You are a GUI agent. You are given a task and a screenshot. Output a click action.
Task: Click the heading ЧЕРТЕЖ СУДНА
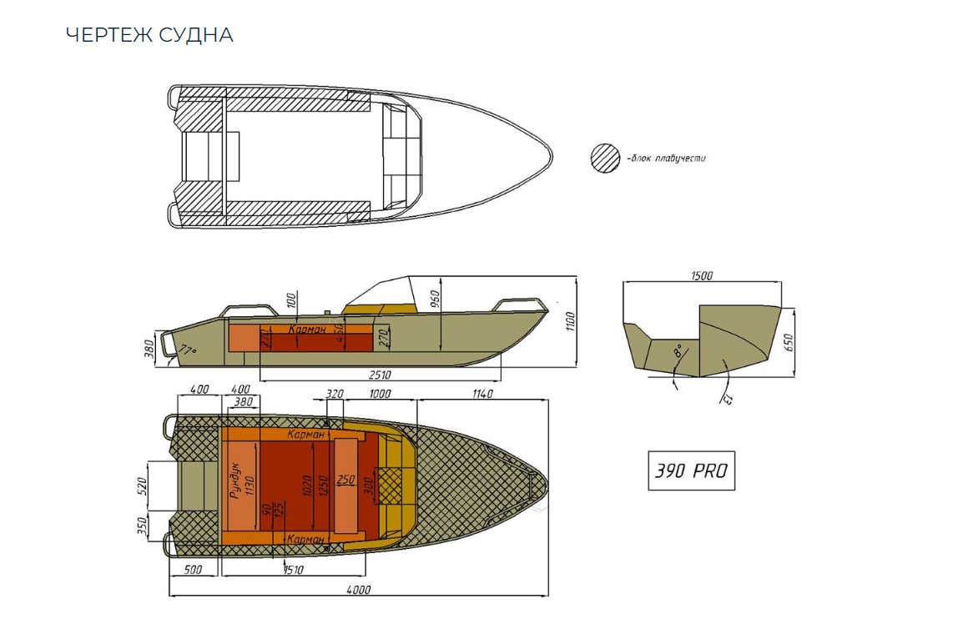pos(149,35)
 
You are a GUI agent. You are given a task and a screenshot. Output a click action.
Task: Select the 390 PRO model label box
pos(691,471)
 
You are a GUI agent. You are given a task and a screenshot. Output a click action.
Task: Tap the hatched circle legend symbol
pos(605,158)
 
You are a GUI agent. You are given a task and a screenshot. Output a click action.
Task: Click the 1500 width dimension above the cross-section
pos(702,276)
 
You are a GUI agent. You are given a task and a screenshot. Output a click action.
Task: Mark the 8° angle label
pos(678,351)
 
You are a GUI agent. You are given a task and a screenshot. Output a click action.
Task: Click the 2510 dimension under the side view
pos(379,375)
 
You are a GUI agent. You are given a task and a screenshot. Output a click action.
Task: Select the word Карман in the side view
pos(307,330)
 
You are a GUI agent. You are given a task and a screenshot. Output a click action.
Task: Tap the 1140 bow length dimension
pos(481,393)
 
